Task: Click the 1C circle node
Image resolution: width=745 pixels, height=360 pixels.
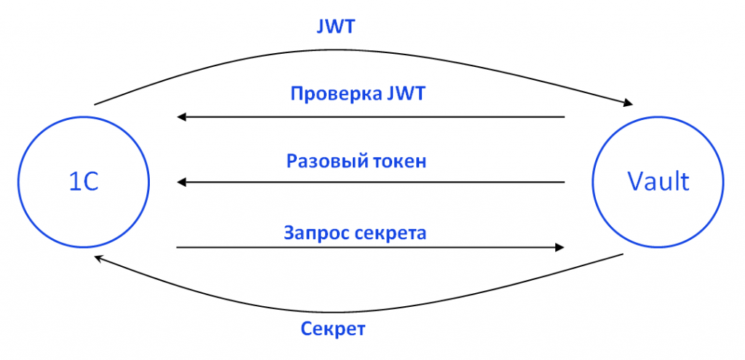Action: pyautogui.click(x=83, y=182)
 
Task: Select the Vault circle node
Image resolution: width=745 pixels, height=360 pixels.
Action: pyautogui.click(x=658, y=182)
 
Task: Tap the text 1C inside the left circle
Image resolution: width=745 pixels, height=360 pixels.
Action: pyautogui.click(x=83, y=182)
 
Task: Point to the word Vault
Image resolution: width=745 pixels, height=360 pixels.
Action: pyautogui.click(x=658, y=182)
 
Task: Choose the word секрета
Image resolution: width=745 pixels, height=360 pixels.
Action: pyautogui.click(x=389, y=233)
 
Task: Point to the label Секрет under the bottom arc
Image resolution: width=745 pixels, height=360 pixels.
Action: pyautogui.click(x=333, y=329)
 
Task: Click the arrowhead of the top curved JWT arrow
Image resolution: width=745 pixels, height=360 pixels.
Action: pyautogui.click(x=626, y=105)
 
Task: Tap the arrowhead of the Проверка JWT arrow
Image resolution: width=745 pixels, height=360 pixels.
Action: pyautogui.click(x=182, y=116)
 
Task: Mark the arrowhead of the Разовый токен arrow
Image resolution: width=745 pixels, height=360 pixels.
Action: pyautogui.click(x=182, y=182)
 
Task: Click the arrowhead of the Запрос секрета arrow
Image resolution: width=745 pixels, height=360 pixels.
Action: pyautogui.click(x=559, y=248)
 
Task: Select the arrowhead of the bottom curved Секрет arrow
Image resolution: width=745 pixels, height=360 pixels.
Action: pyautogui.click(x=100, y=258)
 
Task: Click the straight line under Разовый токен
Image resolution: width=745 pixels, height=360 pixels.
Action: pyautogui.click(x=371, y=182)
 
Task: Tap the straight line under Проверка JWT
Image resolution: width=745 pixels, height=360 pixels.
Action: pyautogui.click(x=371, y=116)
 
